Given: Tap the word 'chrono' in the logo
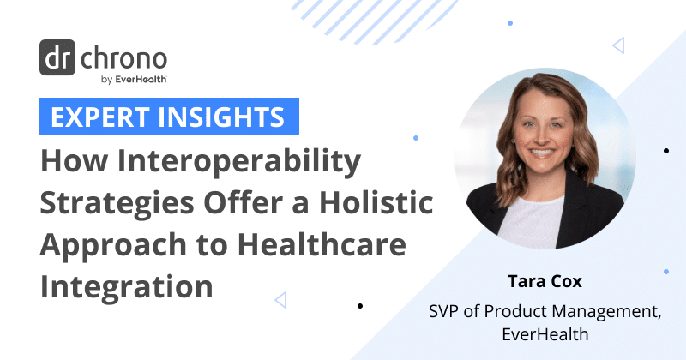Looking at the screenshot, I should tap(124, 60).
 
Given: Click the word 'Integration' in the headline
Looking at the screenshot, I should tap(127, 285).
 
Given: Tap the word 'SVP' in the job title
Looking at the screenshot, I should tap(447, 310).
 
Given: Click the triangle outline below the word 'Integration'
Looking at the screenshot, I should tap(280, 299).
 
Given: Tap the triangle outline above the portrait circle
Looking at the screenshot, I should tap(618, 45).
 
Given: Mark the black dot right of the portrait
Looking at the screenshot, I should tap(666, 151).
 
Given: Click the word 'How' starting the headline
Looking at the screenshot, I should tap(70, 163).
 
